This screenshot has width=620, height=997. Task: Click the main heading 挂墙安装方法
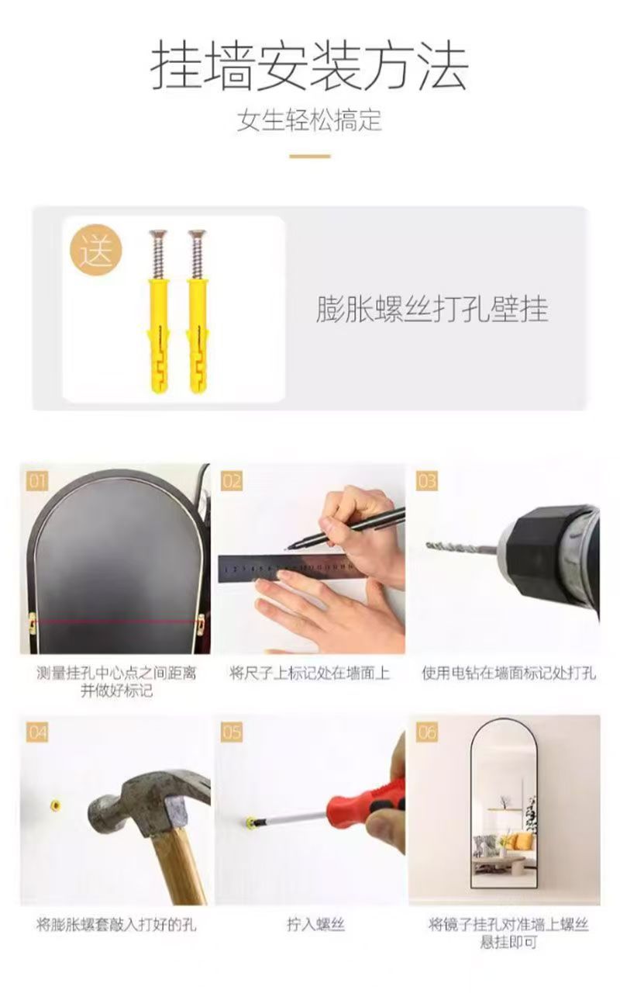tap(309, 66)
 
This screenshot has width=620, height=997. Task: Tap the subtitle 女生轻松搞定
tap(309, 120)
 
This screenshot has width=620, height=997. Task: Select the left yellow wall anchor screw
tap(158, 312)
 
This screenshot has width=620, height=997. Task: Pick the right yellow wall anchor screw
tap(198, 312)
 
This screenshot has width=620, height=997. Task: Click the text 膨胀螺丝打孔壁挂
tap(432, 309)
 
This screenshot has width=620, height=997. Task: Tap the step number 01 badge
tap(37, 481)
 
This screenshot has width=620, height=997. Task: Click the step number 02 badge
tap(232, 481)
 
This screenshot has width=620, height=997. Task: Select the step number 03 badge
tap(427, 481)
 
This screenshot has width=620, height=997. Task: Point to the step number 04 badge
tap(37, 732)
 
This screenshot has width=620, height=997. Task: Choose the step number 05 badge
tap(232, 732)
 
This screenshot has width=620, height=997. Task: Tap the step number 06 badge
tap(427, 732)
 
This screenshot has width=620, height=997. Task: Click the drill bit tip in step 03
tap(428, 545)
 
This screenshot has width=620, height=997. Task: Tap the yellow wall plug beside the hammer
tap(55, 805)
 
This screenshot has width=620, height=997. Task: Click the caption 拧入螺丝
tap(315, 924)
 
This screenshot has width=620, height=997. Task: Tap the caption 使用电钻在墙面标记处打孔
tap(508, 673)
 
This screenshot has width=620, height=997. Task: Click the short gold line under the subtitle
tap(310, 156)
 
